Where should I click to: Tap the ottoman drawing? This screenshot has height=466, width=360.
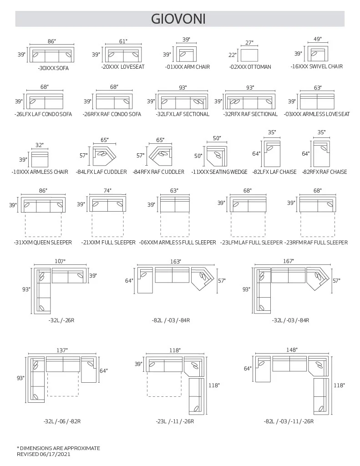pos(249,55)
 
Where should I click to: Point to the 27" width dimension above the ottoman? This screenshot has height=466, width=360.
pos(249,43)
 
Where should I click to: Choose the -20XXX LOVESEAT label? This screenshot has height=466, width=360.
pos(122,67)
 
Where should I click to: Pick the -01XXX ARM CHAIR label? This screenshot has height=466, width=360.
pos(187,67)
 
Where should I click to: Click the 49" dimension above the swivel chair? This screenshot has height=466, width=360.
pos(317,39)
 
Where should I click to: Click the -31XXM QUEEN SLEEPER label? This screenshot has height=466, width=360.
pos(43,243)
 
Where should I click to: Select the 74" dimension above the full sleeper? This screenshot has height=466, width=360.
pos(107,191)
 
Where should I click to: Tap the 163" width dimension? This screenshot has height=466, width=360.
pos(176,261)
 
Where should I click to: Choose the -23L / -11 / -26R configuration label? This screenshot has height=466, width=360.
pos(175,421)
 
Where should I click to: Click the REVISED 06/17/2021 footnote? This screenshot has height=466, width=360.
pos(44,454)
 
